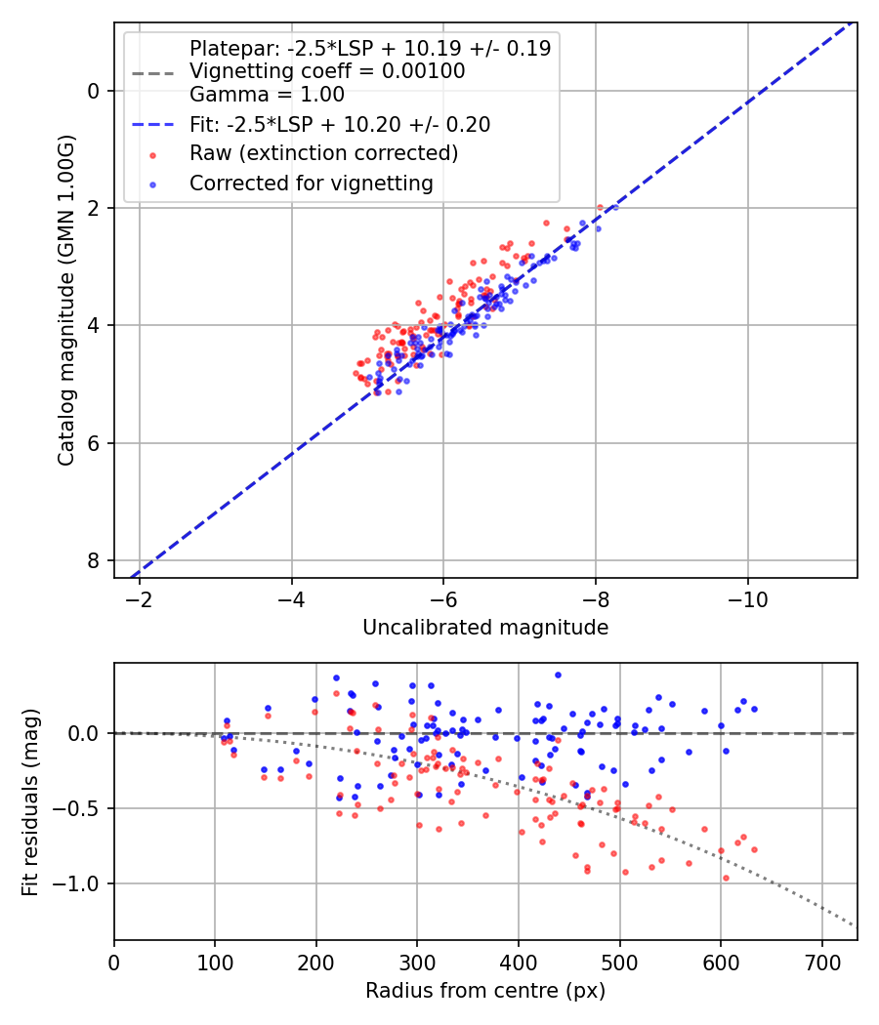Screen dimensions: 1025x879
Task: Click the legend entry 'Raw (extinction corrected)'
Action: pyautogui.click(x=323, y=153)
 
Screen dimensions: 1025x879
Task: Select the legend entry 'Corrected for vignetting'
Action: pyautogui.click(x=312, y=183)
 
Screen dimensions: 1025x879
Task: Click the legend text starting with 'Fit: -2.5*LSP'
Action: pyautogui.click(x=340, y=124)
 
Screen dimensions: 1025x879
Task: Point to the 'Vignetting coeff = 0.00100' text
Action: pyautogui.click(x=327, y=71)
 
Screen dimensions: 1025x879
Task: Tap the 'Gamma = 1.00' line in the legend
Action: pyautogui.click(x=267, y=95)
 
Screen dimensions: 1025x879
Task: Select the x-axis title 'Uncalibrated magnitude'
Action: pyautogui.click(x=485, y=628)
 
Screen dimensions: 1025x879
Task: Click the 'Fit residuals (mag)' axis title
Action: pyautogui.click(x=30, y=800)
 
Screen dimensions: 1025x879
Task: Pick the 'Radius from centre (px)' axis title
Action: pyautogui.click(x=485, y=991)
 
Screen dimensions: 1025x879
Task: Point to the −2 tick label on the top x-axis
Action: pyautogui.click(x=140, y=598)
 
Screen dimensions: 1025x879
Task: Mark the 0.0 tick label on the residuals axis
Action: pyautogui.click(x=85, y=733)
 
